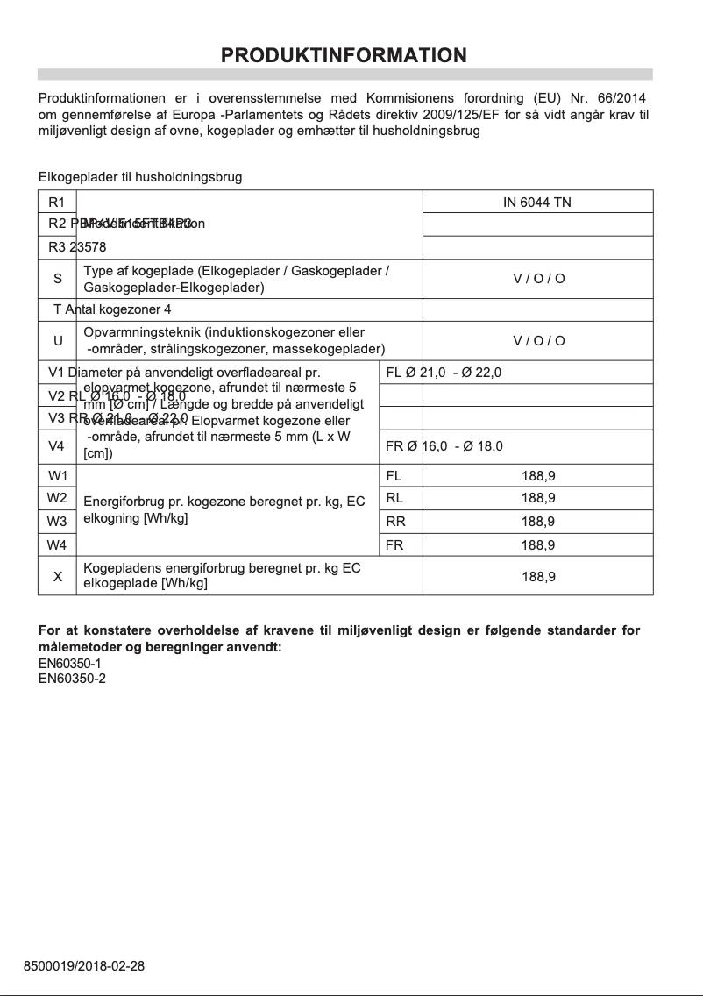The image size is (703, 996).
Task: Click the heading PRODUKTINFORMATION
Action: coord(344,55)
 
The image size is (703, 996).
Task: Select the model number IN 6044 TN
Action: coord(537,203)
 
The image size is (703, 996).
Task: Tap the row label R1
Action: coord(58,203)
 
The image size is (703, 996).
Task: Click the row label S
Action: coord(58,279)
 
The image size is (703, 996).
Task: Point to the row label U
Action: coord(58,340)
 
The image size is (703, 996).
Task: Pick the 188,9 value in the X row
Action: coord(537,577)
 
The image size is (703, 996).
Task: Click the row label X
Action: coord(58,577)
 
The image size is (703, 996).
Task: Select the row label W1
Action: coord(58,476)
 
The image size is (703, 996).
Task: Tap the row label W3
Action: coord(58,522)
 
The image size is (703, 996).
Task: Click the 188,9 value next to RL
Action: coord(537,498)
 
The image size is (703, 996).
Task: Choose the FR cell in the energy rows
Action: coord(394,544)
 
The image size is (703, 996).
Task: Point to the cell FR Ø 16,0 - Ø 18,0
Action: coord(444,446)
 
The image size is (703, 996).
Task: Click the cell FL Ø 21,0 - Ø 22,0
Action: coord(444,373)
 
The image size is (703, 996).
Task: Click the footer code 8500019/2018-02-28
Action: coord(84,966)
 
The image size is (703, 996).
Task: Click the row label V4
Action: coord(58,446)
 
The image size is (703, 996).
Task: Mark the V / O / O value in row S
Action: coord(538,279)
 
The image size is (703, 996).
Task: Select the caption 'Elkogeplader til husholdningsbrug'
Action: coord(140,177)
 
